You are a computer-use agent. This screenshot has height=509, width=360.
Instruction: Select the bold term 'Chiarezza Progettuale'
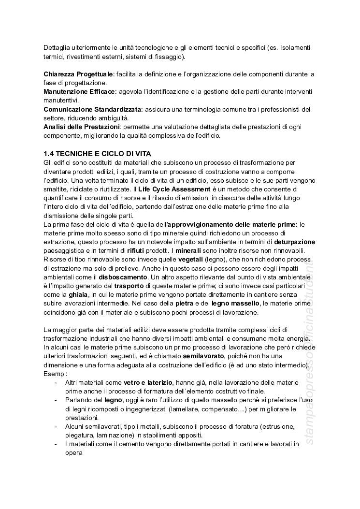78,74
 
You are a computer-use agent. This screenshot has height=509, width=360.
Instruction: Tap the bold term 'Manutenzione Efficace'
79,91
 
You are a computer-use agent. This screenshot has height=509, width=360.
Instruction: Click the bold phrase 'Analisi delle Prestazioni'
81,127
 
